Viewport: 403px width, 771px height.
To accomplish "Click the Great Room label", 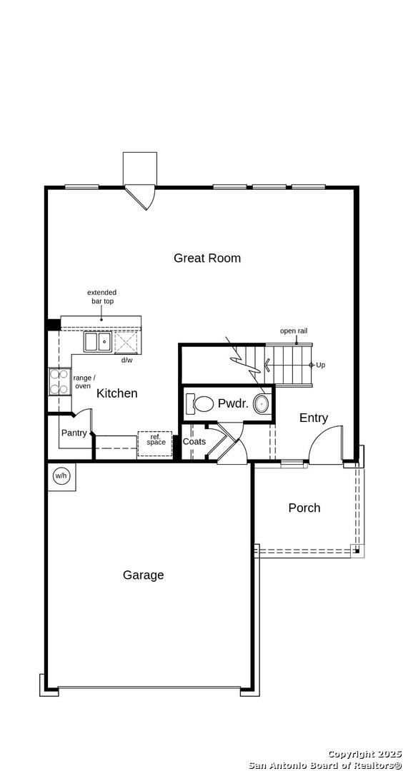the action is pos(207,258).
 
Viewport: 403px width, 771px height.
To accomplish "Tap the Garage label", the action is pos(143,575).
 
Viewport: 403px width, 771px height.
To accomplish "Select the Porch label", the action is pos(304,508).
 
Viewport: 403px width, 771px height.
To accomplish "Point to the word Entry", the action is pos(314,418).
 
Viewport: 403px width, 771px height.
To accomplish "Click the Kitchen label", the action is pos(116,393).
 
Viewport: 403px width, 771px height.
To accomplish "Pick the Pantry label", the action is pos(74,433).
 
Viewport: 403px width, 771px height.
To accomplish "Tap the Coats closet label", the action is pos(194,442).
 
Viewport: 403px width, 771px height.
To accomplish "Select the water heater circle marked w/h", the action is pos(61,475).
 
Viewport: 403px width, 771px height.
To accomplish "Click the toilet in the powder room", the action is pos(199,403).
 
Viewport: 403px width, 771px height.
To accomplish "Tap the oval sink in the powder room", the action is pos(262,403).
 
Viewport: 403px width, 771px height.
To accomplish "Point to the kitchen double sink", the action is pos(97,342).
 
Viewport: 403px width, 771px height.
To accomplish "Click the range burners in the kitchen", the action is pos(59,382).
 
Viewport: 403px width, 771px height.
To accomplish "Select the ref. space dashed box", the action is pos(154,445).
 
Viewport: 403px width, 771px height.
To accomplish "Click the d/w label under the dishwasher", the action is pos(127,360).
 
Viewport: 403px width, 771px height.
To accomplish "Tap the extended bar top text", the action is pos(102,296).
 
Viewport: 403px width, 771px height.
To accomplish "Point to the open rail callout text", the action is pos(294,331).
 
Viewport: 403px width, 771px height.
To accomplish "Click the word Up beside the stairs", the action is pos(320,366).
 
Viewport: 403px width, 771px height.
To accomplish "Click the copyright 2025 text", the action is pos(364,755).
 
